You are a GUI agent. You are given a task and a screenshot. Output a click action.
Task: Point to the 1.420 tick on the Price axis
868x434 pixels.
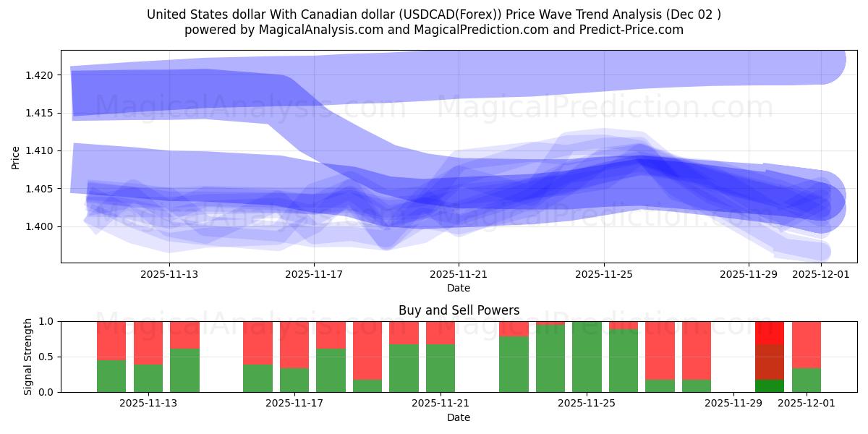[42, 75]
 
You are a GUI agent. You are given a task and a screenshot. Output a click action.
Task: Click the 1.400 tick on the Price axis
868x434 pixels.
[42, 226]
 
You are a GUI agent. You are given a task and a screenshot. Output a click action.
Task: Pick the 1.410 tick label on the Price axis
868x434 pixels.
[42, 151]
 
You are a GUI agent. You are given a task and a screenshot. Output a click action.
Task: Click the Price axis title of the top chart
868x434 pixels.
[16, 157]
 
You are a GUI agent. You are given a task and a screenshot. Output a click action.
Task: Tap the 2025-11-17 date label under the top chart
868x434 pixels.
[314, 274]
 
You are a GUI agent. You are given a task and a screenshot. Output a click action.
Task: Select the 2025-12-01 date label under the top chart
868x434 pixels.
[821, 274]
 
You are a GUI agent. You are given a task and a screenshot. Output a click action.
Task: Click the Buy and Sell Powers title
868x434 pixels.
[459, 310]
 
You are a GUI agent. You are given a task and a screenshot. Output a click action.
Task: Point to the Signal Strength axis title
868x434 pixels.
[28, 357]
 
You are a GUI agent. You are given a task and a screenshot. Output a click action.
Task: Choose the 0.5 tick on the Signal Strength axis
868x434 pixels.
[46, 357]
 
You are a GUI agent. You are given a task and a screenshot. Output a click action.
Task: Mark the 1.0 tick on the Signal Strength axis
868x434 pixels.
[46, 321]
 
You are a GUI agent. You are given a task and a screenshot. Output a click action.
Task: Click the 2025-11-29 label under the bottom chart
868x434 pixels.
[733, 404]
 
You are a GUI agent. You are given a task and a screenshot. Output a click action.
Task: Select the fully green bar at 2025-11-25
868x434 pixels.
[587, 357]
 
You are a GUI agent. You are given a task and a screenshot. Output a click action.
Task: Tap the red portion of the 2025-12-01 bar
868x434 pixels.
[807, 344]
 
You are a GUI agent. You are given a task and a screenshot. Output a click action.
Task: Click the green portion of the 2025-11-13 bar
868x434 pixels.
[184, 370]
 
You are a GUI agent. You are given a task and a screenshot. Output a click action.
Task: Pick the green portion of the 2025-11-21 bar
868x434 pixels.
[441, 368]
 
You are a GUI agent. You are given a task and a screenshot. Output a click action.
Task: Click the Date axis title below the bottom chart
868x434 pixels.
[459, 417]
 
